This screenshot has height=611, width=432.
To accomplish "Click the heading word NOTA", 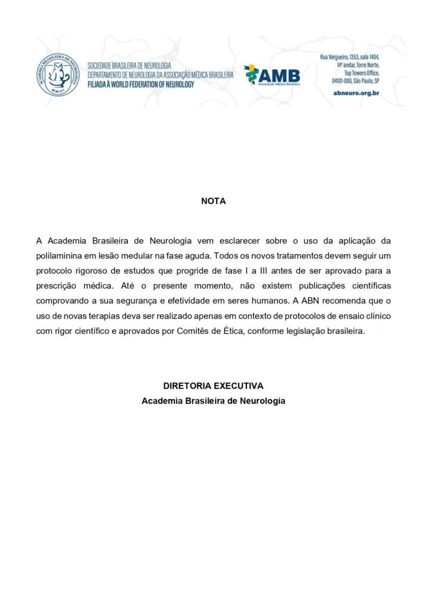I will pos(214,202).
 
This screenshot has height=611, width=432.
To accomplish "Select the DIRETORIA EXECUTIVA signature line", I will pos(214,386).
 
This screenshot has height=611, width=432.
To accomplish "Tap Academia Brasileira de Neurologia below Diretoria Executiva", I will pos(214,401).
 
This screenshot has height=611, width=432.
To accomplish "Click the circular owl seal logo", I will pos(57,75).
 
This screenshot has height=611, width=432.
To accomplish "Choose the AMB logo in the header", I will pos(272,76).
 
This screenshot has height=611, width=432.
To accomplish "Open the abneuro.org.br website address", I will pos(356,93).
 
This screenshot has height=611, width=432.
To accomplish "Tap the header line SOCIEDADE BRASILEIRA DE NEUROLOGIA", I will pos(129,65).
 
